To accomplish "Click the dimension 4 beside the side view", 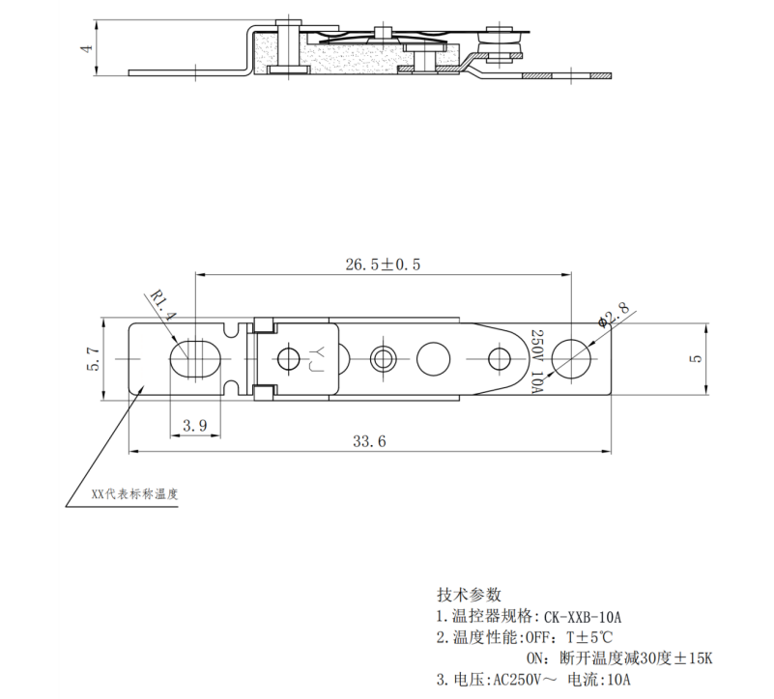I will (x=86, y=47).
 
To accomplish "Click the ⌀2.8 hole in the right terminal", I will (x=576, y=358).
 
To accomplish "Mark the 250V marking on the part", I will (x=537, y=345).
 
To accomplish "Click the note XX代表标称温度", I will (x=135, y=493).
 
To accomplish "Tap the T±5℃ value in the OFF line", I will (x=589, y=637).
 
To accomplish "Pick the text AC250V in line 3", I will (x=518, y=680).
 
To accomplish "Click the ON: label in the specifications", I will (x=538, y=658).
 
